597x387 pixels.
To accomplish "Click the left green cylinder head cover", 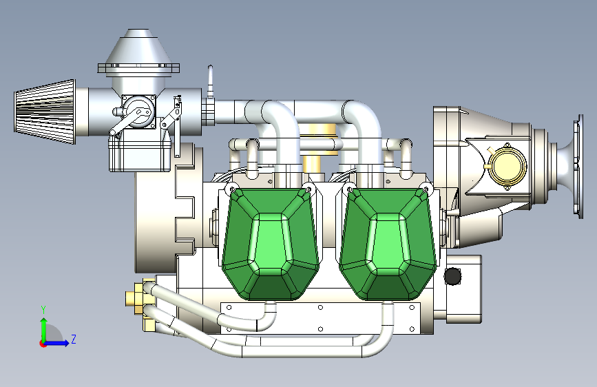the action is click(271, 244).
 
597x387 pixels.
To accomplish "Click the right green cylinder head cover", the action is click(388, 244).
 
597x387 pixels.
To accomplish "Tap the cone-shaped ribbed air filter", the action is click(45, 112).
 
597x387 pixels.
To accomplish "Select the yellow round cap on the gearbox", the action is click(507, 167).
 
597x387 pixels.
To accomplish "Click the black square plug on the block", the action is click(452, 276).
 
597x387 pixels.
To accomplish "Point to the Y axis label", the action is click(43, 310).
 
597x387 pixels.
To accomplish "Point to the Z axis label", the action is click(74, 339).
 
